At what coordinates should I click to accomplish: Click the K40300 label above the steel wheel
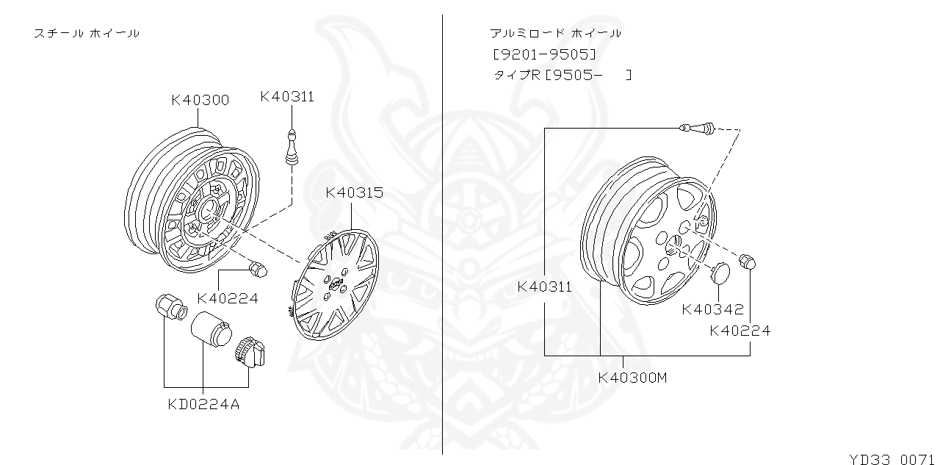pyautogui.click(x=200, y=100)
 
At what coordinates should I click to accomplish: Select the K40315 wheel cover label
pyautogui.click(x=354, y=192)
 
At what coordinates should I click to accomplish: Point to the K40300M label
pyautogui.click(x=632, y=378)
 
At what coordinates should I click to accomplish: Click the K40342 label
pyautogui.click(x=712, y=310)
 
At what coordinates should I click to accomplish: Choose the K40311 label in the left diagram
pyautogui.click(x=287, y=96)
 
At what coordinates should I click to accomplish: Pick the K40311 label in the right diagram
pyautogui.click(x=544, y=287)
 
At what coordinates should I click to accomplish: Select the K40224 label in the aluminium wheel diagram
pyautogui.click(x=740, y=331)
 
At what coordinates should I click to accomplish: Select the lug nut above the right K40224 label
pyautogui.click(x=747, y=261)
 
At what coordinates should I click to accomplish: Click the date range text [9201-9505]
pyautogui.click(x=544, y=54)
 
